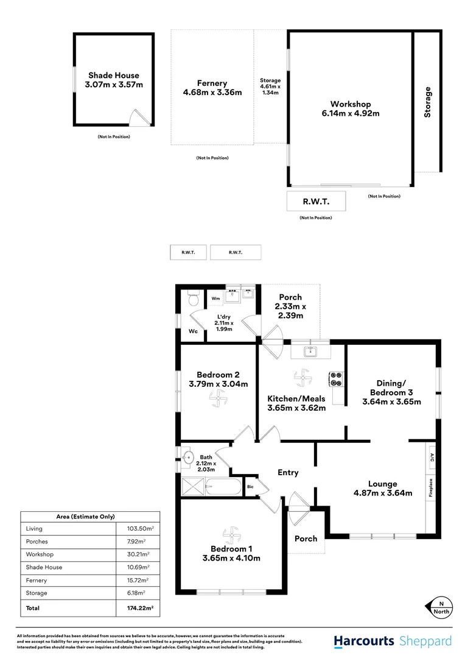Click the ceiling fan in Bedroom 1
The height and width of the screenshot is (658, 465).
click(231, 536)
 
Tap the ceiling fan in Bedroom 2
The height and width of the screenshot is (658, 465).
click(218, 400)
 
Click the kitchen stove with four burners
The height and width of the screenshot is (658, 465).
click(336, 379)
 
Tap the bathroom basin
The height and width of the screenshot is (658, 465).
click(187, 457)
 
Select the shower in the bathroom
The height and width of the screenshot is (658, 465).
click(194, 487)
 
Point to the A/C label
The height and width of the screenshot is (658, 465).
click(431, 458)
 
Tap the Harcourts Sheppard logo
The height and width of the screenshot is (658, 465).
click(393, 641)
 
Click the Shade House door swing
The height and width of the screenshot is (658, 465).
click(141, 118)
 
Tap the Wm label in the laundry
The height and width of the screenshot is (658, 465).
click(215, 299)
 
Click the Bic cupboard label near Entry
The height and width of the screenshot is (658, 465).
click(250, 486)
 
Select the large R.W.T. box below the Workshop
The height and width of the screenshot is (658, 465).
click(316, 201)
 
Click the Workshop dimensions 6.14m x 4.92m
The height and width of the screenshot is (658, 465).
click(351, 113)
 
